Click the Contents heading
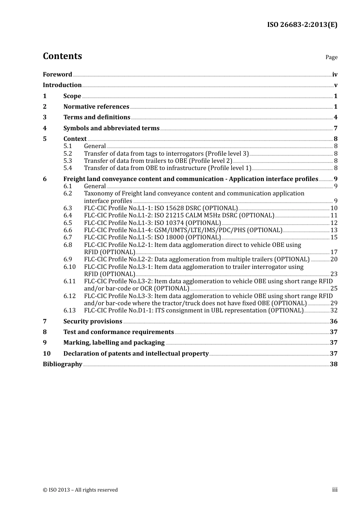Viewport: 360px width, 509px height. tap(62, 56)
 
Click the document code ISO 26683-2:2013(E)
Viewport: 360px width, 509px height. tap(302, 25)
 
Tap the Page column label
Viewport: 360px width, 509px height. tap(331, 57)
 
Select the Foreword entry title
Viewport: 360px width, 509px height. tap(57, 75)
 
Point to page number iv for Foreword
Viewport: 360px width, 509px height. tap(335, 75)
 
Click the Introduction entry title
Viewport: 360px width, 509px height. tap(62, 85)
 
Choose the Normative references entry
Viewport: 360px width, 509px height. tap(96, 107)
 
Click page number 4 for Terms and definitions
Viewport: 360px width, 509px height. tap(335, 117)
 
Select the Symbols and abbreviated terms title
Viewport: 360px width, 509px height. tap(111, 128)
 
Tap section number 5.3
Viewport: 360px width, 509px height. tap(67, 161)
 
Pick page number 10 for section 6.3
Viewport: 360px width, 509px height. tap(334, 208)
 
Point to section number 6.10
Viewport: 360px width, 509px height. tap(69, 267)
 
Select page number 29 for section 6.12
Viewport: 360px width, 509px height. tap(334, 303)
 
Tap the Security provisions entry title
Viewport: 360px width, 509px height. tap(93, 322)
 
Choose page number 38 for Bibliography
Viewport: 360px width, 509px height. tap(333, 364)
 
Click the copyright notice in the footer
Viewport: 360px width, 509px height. tap(80, 490)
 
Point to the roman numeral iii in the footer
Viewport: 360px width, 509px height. tap(335, 490)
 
